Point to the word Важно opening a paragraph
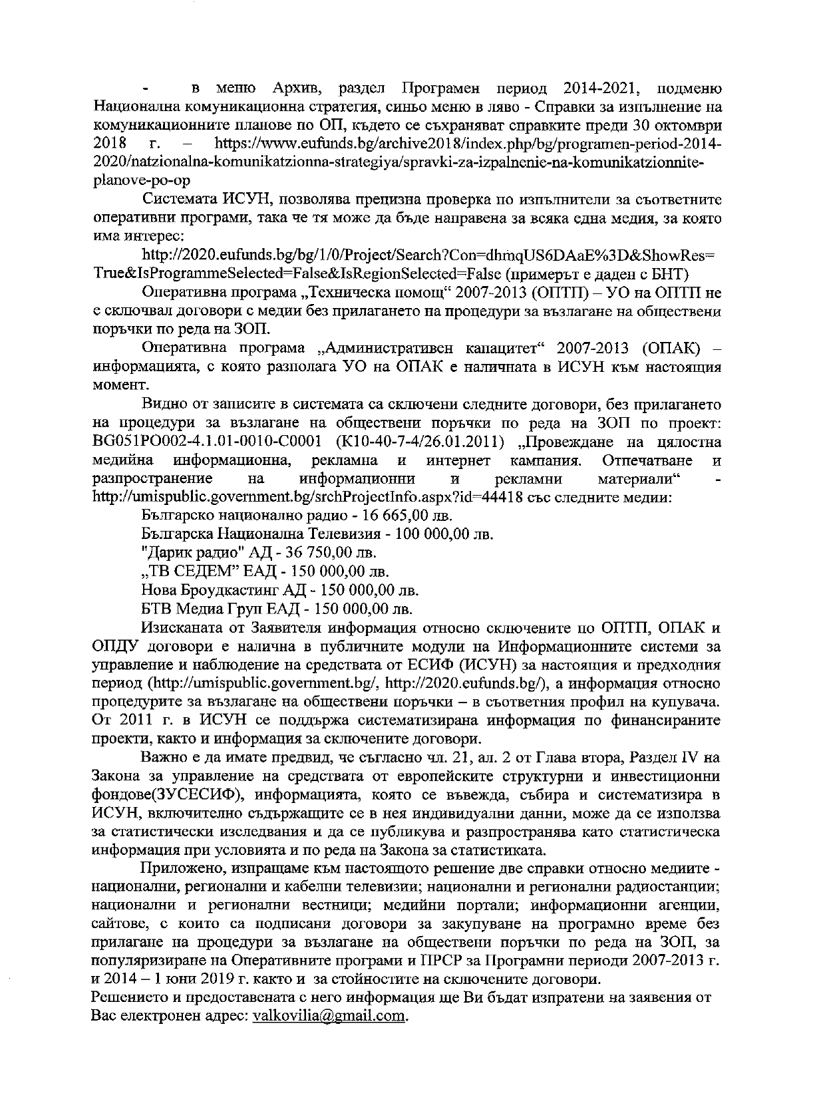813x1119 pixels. click(164, 758)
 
